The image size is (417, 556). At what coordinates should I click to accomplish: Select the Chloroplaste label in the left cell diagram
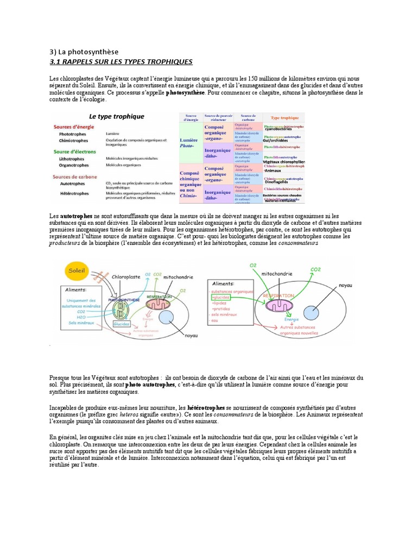point(126,276)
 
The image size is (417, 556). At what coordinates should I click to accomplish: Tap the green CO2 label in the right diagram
point(315,269)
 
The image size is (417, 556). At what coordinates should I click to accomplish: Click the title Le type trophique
point(117,116)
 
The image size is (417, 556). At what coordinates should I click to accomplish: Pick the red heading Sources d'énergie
point(73,127)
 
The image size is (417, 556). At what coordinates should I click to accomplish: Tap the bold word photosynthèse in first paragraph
point(186,93)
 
